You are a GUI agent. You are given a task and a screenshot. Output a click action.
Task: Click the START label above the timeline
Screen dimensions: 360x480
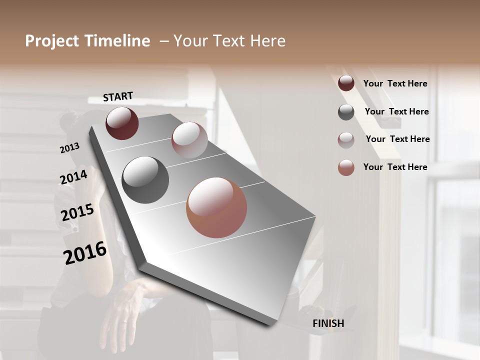pyautogui.click(x=118, y=96)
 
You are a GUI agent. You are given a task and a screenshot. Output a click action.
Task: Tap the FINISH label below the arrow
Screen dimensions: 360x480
pyautogui.click(x=328, y=323)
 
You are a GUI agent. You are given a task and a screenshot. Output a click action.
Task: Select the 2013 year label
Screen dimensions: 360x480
pyautogui.click(x=70, y=148)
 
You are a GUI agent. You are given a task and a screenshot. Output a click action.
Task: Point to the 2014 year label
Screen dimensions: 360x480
pyautogui.click(x=73, y=177)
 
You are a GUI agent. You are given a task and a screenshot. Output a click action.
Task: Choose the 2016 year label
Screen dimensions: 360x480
pyautogui.click(x=85, y=252)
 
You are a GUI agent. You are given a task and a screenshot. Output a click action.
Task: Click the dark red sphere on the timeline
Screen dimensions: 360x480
pyautogui.click(x=122, y=123)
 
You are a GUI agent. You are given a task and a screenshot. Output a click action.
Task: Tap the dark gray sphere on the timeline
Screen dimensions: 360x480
pyautogui.click(x=145, y=180)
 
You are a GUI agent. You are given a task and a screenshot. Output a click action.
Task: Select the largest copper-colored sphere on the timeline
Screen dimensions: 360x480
pyautogui.click(x=216, y=207)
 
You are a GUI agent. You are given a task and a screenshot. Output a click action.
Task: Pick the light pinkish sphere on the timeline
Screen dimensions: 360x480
pyautogui.click(x=189, y=140)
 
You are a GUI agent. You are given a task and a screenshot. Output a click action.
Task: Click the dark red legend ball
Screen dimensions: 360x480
pyautogui.click(x=346, y=83)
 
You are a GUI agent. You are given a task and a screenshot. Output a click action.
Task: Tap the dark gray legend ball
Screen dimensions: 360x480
pyautogui.click(x=346, y=112)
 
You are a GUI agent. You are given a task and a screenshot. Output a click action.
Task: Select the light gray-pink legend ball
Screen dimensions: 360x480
pyautogui.click(x=346, y=140)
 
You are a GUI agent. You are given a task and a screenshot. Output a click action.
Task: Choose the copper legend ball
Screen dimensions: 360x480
pyautogui.click(x=346, y=167)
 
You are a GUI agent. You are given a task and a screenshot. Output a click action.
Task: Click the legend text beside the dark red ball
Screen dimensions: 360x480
pyautogui.click(x=395, y=83)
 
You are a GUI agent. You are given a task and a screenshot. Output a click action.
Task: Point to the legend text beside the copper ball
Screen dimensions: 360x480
pyautogui.click(x=395, y=167)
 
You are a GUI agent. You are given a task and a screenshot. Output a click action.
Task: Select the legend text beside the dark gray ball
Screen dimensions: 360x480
pyautogui.click(x=396, y=111)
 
